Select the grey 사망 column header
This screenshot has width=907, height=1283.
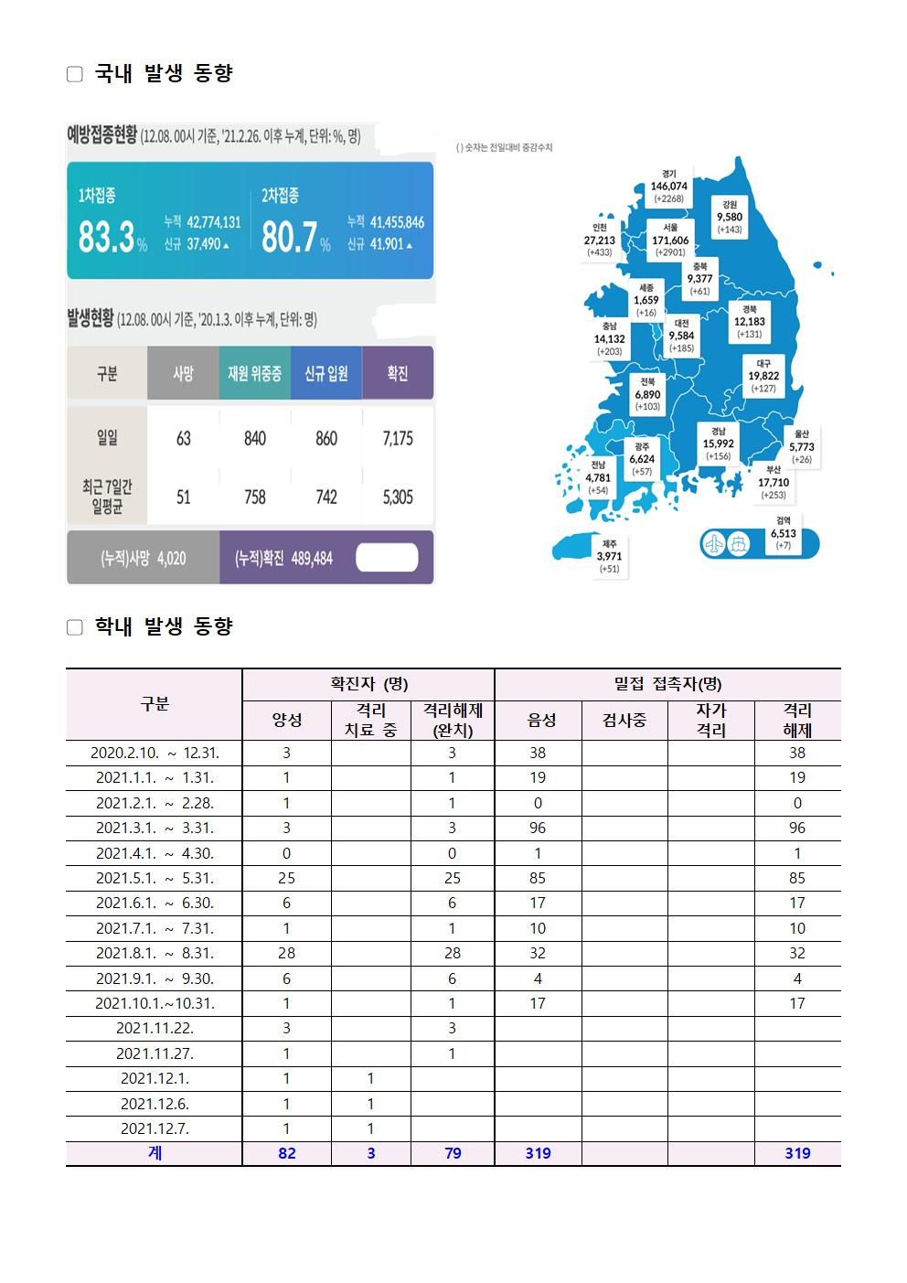pyautogui.click(x=183, y=373)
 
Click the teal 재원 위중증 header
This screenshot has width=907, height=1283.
pyautogui.click(x=254, y=373)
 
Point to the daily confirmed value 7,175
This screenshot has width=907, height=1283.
pyautogui.click(x=398, y=439)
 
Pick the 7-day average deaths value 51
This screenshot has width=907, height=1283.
pyautogui.click(x=183, y=497)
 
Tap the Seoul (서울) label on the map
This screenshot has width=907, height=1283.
pyautogui.click(x=670, y=240)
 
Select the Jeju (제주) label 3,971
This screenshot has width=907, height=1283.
pyautogui.click(x=609, y=556)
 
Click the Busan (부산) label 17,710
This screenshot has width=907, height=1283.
pyautogui.click(x=774, y=483)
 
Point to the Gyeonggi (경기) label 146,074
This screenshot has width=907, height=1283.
pyautogui.click(x=668, y=186)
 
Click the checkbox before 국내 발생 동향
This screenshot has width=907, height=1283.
pyautogui.click(x=75, y=74)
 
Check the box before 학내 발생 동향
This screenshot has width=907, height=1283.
pyautogui.click(x=75, y=627)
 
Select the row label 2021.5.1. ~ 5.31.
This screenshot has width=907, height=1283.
pyautogui.click(x=155, y=878)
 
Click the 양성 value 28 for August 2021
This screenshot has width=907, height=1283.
pyautogui.click(x=287, y=953)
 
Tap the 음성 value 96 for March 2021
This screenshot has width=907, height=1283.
pyautogui.click(x=538, y=828)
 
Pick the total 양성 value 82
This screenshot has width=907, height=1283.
pyautogui.click(x=287, y=1153)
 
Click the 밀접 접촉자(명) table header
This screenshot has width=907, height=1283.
pyautogui.click(x=667, y=684)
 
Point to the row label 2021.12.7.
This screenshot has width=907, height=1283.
pyautogui.click(x=155, y=1128)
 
